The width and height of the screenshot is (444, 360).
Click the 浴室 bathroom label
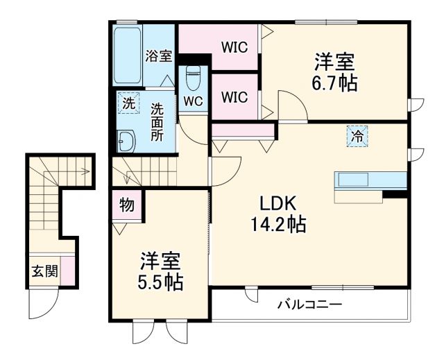tap(158, 56)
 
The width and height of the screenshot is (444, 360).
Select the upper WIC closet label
tap(234, 48)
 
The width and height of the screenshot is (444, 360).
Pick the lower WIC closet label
tap(234, 97)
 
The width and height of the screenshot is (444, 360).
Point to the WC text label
tap(193, 101)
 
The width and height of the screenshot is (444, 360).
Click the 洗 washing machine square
tap(128, 103)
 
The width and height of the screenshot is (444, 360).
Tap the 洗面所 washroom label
tap(158, 121)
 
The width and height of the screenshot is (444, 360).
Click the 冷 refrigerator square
tap(355, 136)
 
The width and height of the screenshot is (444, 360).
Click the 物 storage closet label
tap(126, 205)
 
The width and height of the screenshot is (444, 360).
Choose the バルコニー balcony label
tap(309, 305)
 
